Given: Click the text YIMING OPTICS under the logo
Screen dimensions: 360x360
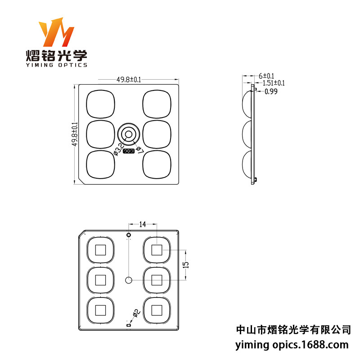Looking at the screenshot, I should pos(56,65).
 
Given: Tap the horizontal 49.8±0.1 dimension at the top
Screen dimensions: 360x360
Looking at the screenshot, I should pos(129,80).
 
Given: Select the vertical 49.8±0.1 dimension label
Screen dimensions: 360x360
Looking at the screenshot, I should pos(75,134).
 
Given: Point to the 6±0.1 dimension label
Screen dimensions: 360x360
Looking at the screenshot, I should pos(266,76).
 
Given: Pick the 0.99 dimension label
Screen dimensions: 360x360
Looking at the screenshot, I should pos(271,91).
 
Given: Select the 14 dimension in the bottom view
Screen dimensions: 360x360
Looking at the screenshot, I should pos(142,224).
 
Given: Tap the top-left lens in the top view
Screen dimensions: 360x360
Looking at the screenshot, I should pos(100,104).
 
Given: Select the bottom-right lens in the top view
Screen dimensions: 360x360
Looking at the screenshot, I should pos(157,164).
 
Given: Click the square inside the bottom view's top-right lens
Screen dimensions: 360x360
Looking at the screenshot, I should pos(157,250).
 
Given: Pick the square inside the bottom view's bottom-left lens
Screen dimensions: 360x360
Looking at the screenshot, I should pos(100,310).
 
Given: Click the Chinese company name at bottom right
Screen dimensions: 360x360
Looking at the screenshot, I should pos(293,330).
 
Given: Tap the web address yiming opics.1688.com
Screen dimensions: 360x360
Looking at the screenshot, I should pos(292,345).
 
